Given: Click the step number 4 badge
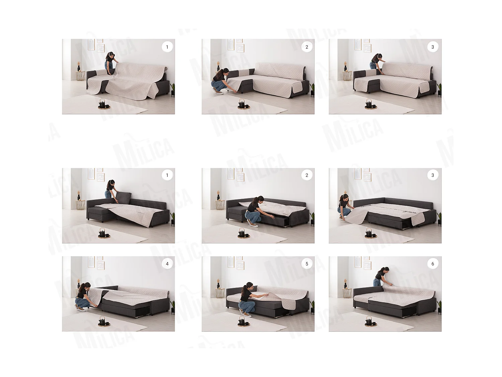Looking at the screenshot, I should [167, 264].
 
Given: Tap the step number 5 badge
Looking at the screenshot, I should [307, 264].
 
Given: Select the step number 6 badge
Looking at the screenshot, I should [432, 264].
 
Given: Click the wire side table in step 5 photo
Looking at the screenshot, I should [220, 293].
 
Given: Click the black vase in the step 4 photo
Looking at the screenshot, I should [79, 286].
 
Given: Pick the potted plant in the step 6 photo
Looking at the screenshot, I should [439, 306].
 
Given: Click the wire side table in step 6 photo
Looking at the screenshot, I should [347, 293].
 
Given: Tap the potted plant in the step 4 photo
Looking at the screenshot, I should [173, 306].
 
